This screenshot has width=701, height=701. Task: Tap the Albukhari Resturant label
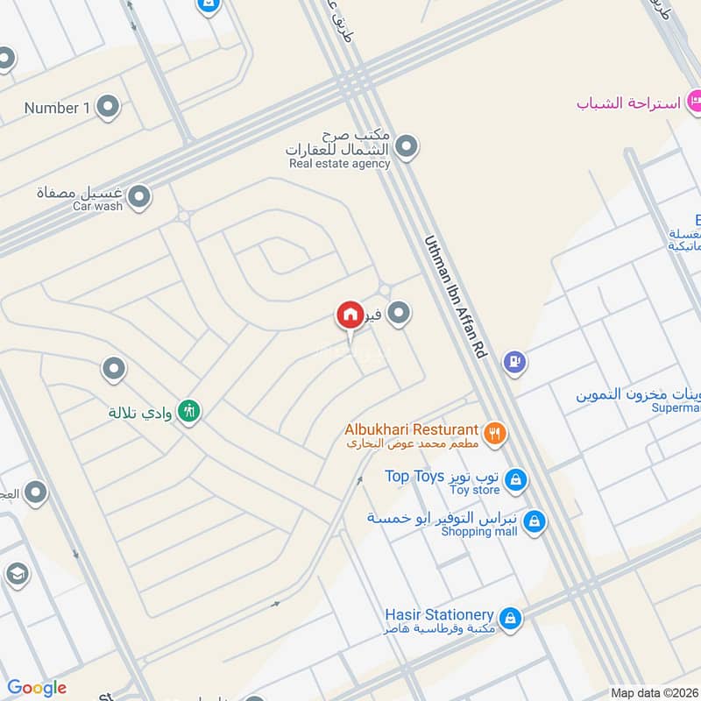tap(412, 430)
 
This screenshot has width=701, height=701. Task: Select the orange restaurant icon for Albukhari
tap(495, 432)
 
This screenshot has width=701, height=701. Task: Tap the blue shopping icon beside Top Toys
tap(517, 479)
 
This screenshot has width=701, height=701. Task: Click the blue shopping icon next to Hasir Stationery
tap(510, 620)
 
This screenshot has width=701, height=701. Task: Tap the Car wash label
tap(97, 206)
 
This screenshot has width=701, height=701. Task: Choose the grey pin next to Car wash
tap(138, 199)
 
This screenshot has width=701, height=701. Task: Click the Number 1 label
tap(58, 108)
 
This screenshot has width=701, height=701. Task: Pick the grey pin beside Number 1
tap(108, 108)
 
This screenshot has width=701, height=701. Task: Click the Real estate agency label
tap(339, 163)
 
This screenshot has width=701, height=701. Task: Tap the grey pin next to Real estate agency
tap(405, 148)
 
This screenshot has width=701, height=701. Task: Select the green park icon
tap(188, 410)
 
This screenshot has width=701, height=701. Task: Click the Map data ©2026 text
tap(655, 693)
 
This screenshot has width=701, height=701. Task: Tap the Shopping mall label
tap(479, 531)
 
